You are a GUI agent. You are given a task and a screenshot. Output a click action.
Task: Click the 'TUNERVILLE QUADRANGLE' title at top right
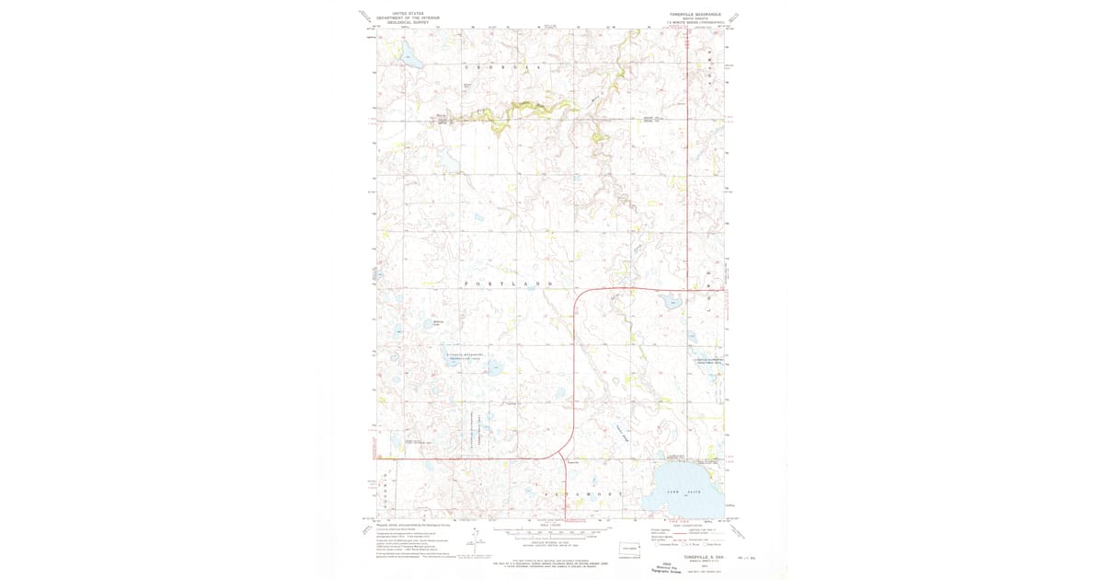tap(696, 15)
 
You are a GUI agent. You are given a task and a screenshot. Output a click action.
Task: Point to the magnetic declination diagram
tap(475, 539)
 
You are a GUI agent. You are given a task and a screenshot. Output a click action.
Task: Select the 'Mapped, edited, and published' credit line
tap(405, 526)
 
